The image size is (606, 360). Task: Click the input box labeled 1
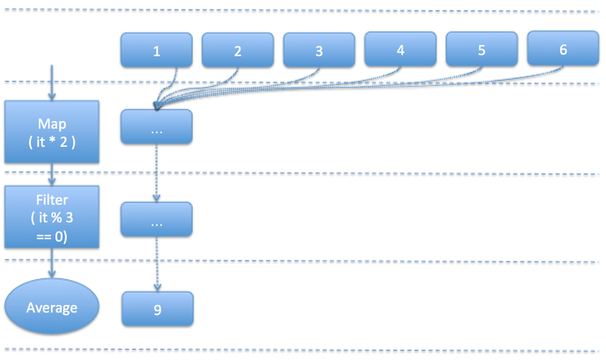156,51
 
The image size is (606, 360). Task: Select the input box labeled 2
238,51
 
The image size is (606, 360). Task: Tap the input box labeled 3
319,51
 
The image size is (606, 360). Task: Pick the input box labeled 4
400,50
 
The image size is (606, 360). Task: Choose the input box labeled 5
481,50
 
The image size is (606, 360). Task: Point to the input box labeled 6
563,49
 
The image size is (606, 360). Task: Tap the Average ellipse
52,307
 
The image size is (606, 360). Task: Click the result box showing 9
157,309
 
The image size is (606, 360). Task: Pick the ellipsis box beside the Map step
156,126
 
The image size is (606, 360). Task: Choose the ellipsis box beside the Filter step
156,219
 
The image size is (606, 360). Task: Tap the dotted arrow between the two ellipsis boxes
156,173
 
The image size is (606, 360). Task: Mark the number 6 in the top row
563,49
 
